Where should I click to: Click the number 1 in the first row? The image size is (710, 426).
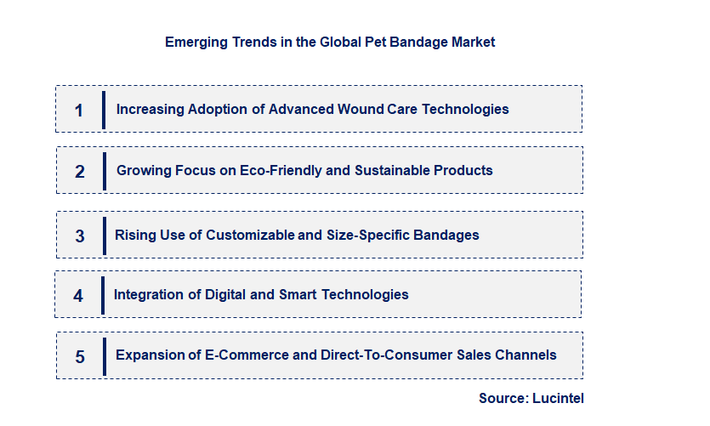pos(79,110)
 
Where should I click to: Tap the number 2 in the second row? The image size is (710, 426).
pos(80,171)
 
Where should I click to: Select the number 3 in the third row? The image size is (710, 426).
pos(80,236)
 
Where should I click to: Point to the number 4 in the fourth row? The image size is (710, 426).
pos(78,296)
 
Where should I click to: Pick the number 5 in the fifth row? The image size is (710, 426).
pos(80,356)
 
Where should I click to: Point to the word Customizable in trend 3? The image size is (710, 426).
pos(253,235)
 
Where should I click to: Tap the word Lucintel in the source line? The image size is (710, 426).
pos(559,398)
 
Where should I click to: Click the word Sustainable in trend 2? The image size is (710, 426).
pos(391,170)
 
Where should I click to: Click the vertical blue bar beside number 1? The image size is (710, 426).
pos(103,109)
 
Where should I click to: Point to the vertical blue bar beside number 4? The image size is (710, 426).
pos(103,294)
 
